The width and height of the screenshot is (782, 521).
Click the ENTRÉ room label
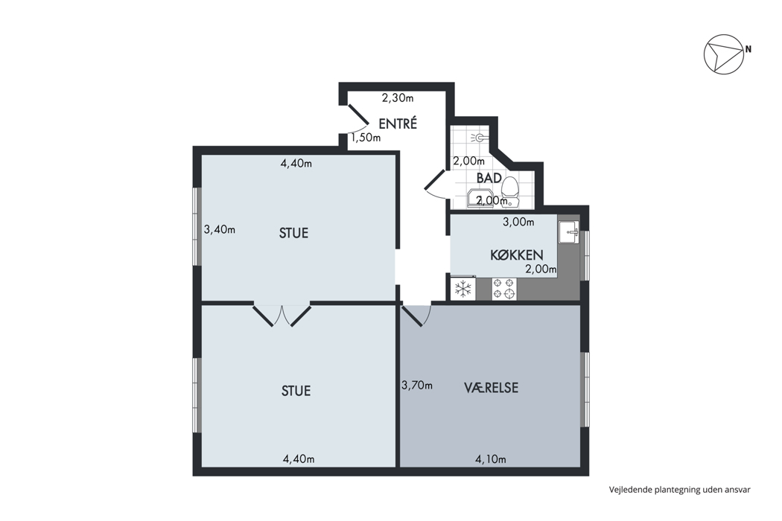(x=398, y=123)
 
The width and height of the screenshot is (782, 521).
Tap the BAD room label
(x=489, y=178)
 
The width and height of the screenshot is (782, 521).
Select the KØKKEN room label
(x=517, y=255)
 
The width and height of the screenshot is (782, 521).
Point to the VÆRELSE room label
(x=492, y=387)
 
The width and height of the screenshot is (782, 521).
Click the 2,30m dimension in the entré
(x=398, y=98)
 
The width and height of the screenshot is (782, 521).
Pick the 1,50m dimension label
(x=366, y=138)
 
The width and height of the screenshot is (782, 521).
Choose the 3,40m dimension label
(x=220, y=230)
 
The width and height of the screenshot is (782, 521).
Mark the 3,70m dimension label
(x=417, y=386)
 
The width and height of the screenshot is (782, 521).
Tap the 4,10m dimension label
(x=491, y=459)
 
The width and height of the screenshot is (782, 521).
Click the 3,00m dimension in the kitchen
(x=518, y=223)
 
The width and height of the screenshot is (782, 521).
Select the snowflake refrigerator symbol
(x=464, y=290)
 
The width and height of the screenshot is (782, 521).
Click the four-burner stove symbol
(x=503, y=290)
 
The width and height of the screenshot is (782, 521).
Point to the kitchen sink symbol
(x=569, y=232)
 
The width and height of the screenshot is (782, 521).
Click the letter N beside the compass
(x=748, y=49)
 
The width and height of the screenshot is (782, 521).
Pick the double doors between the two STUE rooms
(x=282, y=315)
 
